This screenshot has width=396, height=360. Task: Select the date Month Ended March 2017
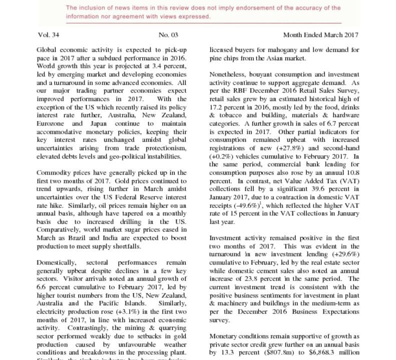(320, 35)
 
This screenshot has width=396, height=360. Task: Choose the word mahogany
(275, 50)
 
